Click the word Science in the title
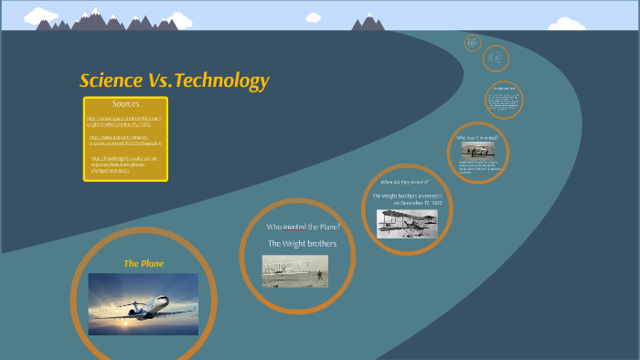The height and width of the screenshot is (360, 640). coord(112,80)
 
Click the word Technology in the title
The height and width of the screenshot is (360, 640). coord(222,81)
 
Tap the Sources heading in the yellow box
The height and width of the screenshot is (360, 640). coord(125,104)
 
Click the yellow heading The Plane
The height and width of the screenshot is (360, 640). coord(144,263)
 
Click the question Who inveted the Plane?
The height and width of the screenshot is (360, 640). coord(303,226)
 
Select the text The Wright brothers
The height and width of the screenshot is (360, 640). coord(302,243)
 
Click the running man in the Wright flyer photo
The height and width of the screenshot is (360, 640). coord(319,272)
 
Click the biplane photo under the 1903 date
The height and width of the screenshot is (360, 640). coord(407,223)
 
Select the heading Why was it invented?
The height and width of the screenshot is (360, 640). coord(477,138)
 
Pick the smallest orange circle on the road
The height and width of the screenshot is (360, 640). coord(472,43)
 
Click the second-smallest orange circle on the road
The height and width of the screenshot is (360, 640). coord(495,58)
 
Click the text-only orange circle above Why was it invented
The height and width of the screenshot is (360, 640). coord(504,100)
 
